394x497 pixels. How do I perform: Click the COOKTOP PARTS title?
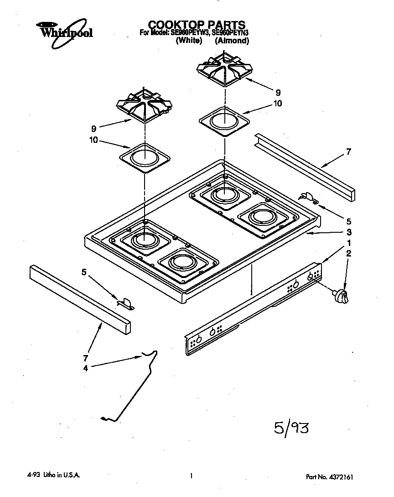click(x=197, y=25)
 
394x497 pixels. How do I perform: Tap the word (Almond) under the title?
click(x=232, y=41)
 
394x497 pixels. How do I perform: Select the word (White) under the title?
click(x=189, y=41)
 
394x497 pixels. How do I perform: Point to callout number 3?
click(x=349, y=231)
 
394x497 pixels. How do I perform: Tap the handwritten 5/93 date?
click(x=292, y=429)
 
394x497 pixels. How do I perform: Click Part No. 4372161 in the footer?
click(x=329, y=477)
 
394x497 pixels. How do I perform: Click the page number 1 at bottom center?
click(x=192, y=476)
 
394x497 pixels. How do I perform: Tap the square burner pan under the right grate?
click(x=224, y=120)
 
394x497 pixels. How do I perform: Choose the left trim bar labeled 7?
click(x=80, y=298)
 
